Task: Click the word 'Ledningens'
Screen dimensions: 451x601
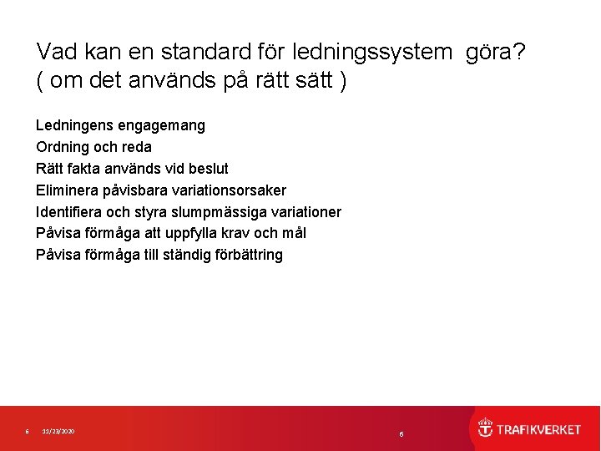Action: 73,125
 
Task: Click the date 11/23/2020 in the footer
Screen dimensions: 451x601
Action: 58,431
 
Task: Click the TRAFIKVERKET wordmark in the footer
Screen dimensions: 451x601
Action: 539,429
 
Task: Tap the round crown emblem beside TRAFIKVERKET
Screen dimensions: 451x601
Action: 485,428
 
